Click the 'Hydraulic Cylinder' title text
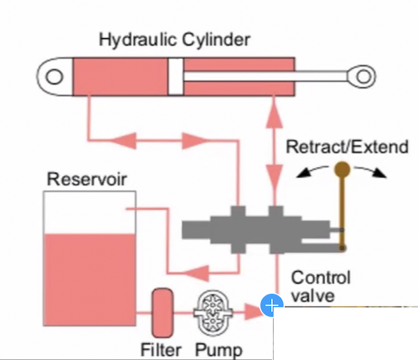[x=174, y=40]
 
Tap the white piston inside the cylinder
[x=175, y=76]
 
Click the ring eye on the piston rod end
[x=363, y=76]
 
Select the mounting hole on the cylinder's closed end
[x=55, y=76]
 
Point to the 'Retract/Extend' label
[x=347, y=146]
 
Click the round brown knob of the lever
[x=342, y=169]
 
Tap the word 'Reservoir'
[x=87, y=179]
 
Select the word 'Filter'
[x=160, y=349]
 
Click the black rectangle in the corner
[x=345, y=333]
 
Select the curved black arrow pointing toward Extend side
[x=376, y=173]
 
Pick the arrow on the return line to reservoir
[x=198, y=270]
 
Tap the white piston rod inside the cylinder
[x=264, y=76]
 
